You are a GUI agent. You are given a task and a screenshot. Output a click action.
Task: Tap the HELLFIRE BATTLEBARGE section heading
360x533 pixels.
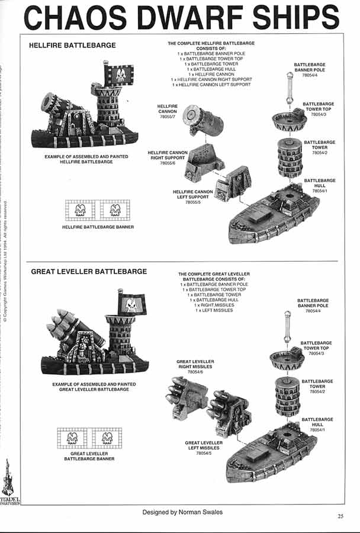72,45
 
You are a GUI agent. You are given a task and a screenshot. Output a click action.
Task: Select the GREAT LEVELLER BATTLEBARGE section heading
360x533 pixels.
89,271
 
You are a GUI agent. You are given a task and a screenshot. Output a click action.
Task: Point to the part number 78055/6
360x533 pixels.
168,163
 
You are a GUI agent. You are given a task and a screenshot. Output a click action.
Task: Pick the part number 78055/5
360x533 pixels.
193,203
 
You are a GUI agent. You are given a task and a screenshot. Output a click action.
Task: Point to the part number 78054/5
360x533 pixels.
204,453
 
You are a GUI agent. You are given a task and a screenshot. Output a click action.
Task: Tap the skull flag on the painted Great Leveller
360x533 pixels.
131,304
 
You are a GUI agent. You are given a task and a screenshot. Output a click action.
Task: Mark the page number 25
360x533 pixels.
340,516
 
